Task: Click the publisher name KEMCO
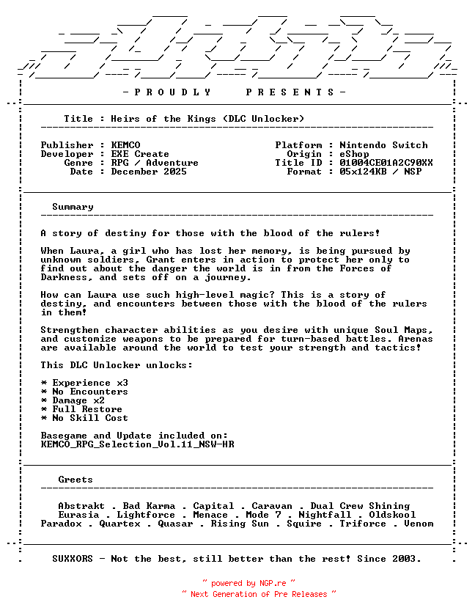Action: coord(125,145)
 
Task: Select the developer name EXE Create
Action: coord(140,154)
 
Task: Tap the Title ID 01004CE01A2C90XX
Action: coord(386,163)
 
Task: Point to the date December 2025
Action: coord(149,172)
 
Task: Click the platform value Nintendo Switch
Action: coord(383,145)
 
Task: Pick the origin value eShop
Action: coord(354,154)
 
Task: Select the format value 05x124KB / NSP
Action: coord(380,172)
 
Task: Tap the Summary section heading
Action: coord(73,207)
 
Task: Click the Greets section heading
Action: coord(76,480)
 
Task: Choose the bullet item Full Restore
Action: coord(87,409)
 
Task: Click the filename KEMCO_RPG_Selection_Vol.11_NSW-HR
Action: coord(137,444)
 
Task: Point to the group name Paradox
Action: coord(61,524)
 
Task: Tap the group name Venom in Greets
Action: coord(419,524)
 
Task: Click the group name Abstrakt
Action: coord(81,506)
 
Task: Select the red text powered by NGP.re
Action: coord(248,583)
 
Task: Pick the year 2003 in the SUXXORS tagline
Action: coord(407,559)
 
